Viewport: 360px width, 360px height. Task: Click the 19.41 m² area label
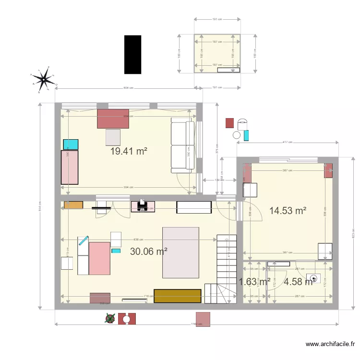(129, 151)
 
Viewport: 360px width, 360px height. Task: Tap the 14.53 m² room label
(288, 210)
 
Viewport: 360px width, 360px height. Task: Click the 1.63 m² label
(254, 281)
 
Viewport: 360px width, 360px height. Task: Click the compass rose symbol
(44, 78)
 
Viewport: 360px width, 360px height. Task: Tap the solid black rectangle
(132, 55)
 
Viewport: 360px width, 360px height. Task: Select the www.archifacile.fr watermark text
(331, 344)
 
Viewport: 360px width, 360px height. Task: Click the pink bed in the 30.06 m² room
(99, 258)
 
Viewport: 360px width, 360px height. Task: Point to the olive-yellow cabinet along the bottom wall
(177, 296)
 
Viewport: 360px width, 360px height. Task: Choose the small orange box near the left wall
(73, 205)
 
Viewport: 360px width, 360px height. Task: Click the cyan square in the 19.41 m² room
(71, 144)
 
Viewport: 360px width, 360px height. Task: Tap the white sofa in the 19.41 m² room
(182, 146)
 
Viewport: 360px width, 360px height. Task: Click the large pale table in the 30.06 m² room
(180, 252)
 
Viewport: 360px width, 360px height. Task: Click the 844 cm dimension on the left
(40, 207)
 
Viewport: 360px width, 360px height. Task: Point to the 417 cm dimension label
(288, 143)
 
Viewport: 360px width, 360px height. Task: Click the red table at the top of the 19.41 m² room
(114, 119)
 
